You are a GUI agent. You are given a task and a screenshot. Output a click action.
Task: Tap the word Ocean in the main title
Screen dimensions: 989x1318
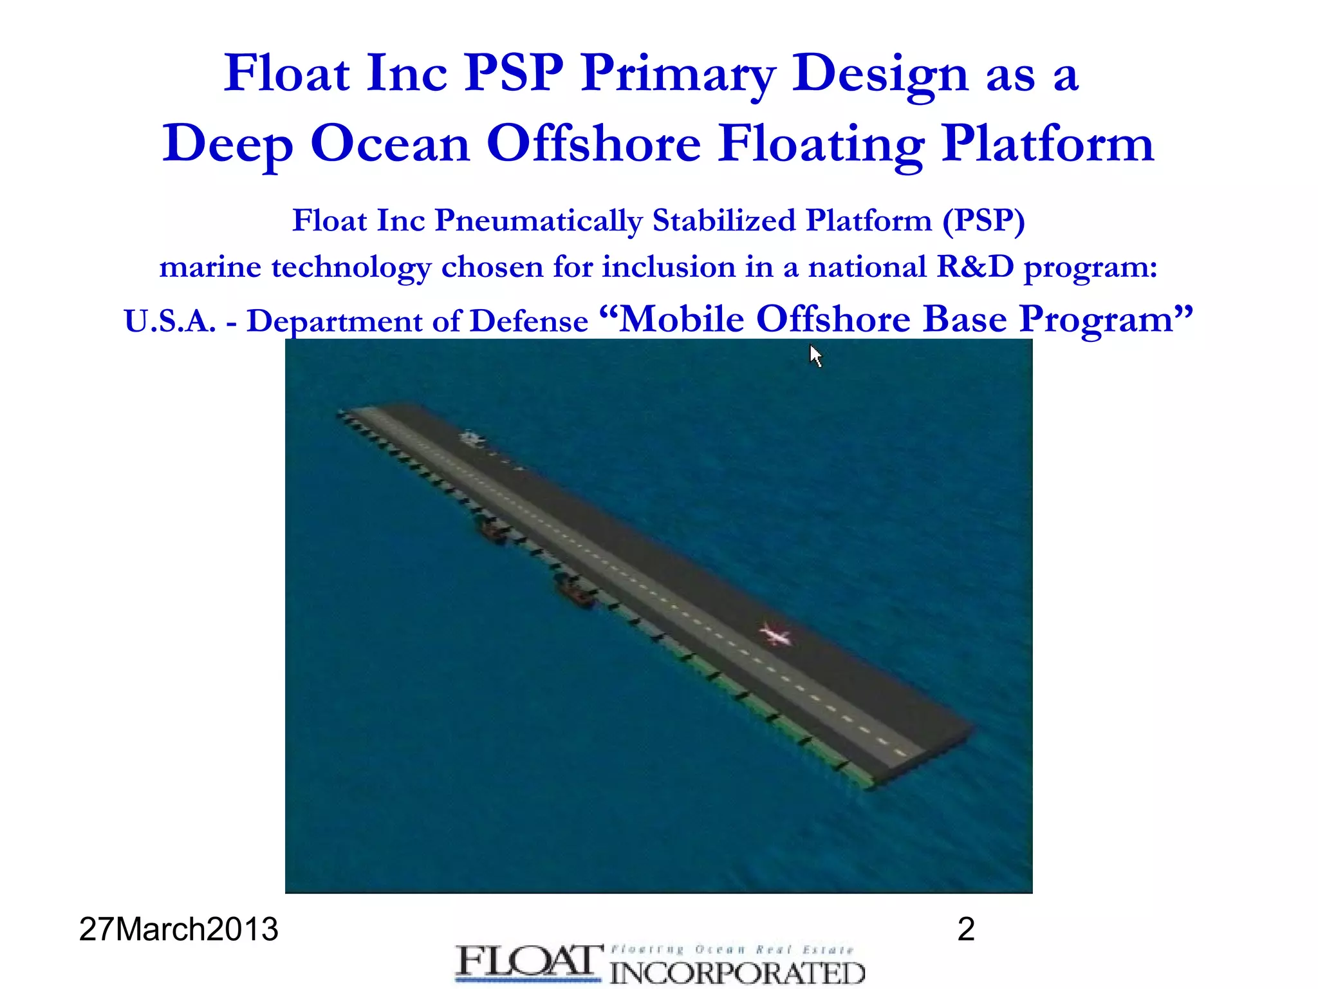coord(390,144)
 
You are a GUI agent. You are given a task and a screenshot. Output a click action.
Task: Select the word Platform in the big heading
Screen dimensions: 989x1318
coord(1047,144)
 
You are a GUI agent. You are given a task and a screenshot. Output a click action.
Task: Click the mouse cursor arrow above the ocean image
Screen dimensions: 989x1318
coord(815,355)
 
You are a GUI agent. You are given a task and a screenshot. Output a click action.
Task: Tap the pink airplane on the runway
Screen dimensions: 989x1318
coord(775,636)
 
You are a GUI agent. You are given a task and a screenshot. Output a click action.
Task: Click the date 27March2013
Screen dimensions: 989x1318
coord(178,930)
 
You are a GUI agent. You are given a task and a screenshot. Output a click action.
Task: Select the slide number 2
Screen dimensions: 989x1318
coord(966,930)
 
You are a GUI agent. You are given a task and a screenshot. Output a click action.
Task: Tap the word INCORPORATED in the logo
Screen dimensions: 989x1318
coord(737,973)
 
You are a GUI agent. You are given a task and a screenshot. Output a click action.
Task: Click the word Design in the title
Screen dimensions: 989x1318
coord(879,75)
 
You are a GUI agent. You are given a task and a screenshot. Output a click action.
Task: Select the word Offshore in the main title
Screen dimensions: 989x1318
coord(593,144)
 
